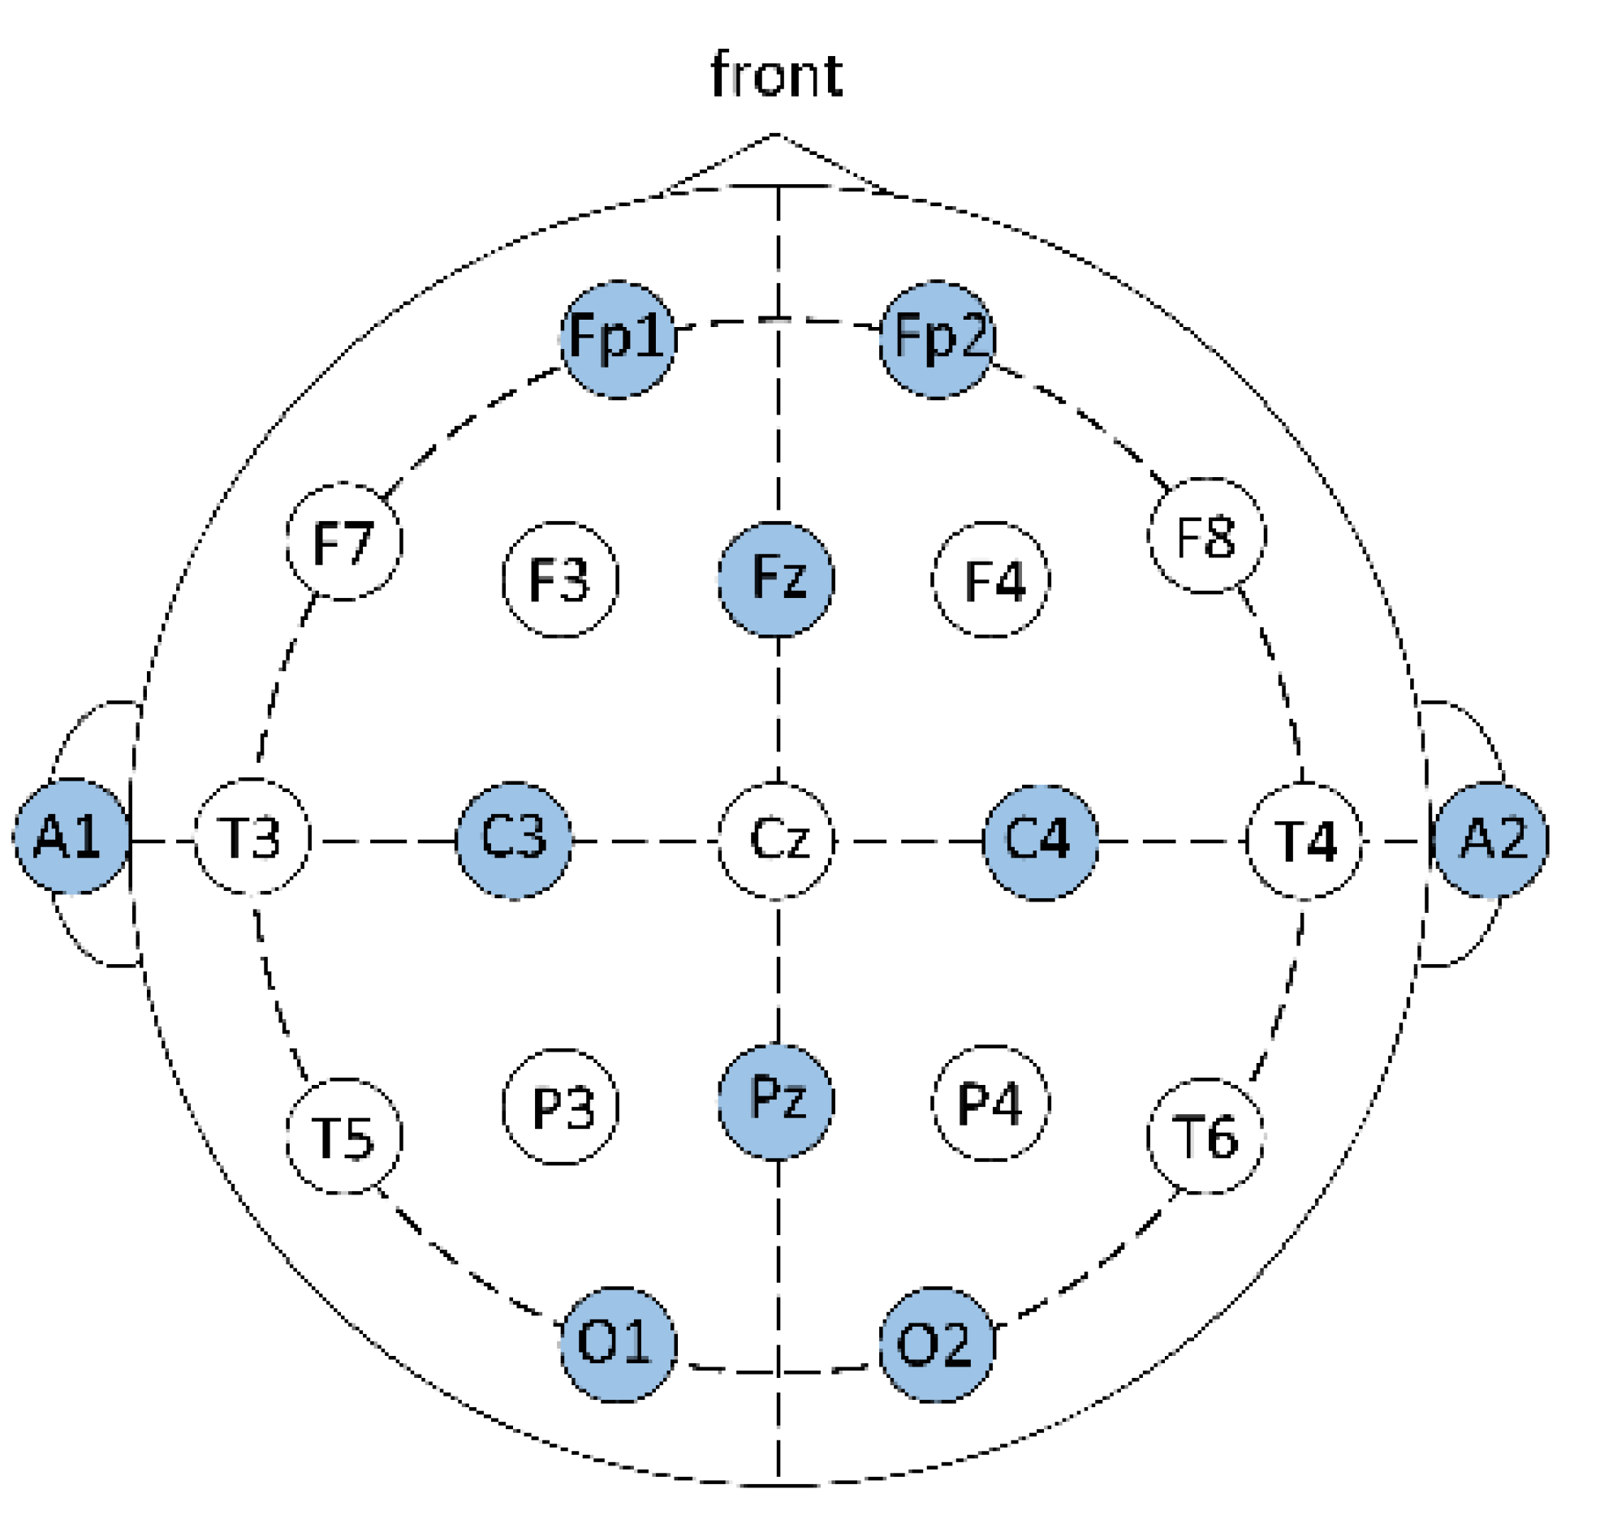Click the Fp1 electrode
618,340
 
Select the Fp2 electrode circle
937,340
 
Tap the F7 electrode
344,541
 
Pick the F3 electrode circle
559,579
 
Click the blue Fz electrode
775,579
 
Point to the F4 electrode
990,579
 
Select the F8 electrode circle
1205,536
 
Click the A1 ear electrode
71,837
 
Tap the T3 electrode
252,837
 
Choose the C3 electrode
513,841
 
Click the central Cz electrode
775,841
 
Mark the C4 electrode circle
1040,842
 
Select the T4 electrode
1304,841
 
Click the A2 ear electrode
1490,840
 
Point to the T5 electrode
344,1136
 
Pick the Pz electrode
775,1101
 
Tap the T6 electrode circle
1205,1136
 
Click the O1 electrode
618,1345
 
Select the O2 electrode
937,1345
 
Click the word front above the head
775,75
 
